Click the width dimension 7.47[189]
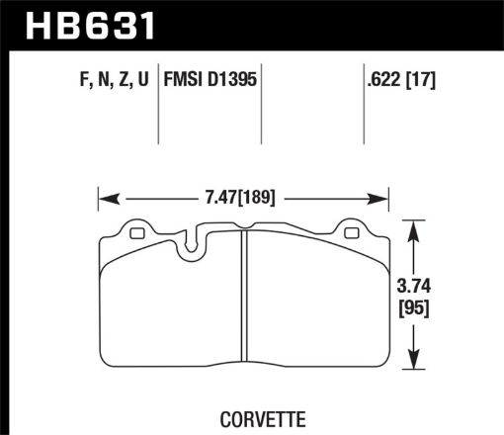[x=242, y=197]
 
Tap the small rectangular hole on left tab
[x=136, y=234]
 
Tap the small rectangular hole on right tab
[x=353, y=234]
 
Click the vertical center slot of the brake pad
[x=244, y=306]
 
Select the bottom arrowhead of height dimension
[x=424, y=370]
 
